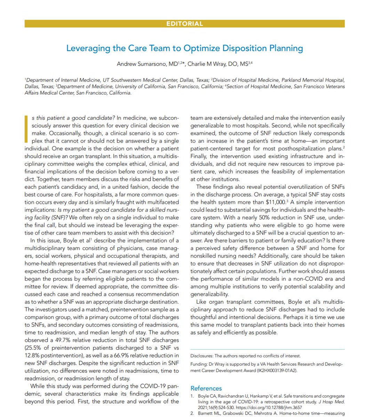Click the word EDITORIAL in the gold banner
(x=184, y=24)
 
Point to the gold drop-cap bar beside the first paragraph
(x=26, y=129)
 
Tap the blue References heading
(x=206, y=388)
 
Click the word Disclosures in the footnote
(x=201, y=355)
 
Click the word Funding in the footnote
(x=199, y=364)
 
